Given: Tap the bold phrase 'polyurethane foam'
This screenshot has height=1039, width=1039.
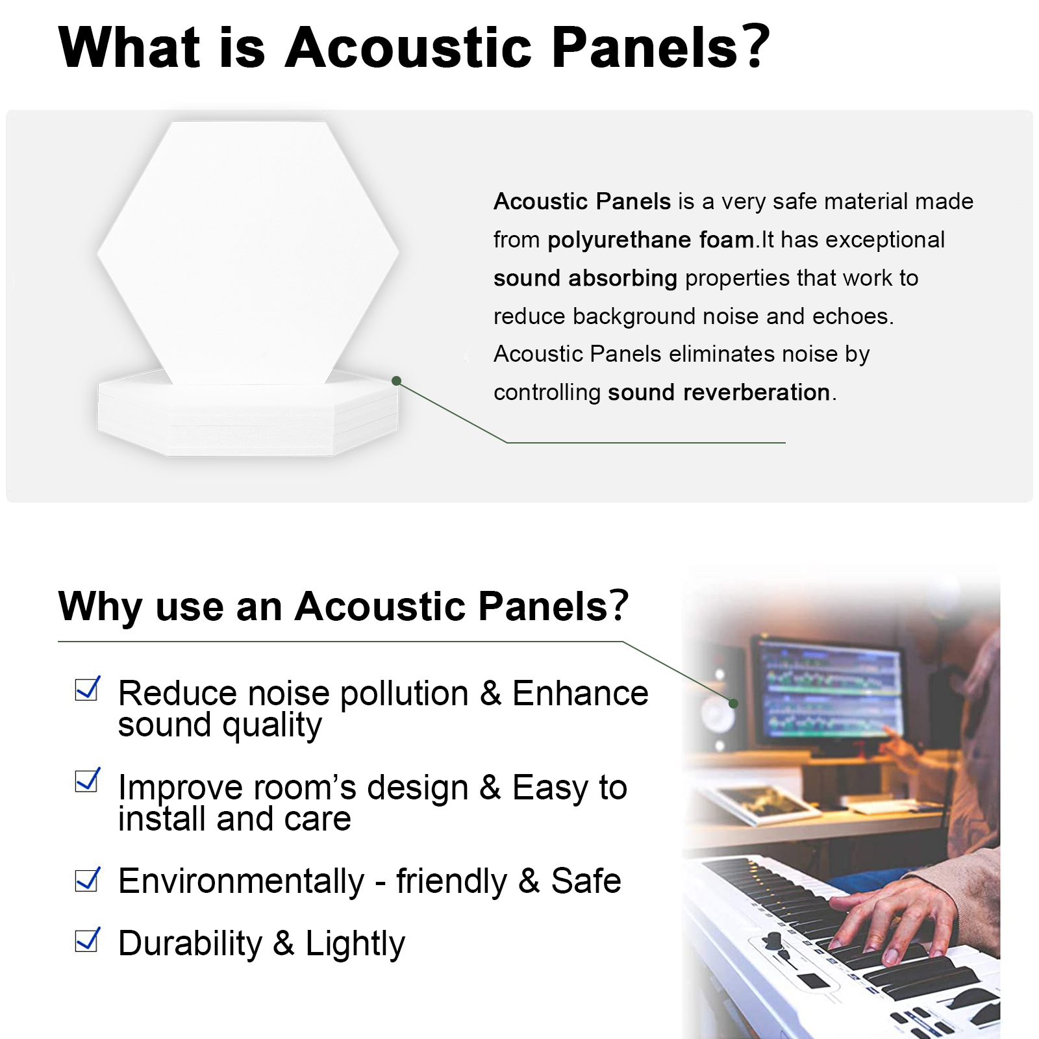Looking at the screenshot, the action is pos(651,240).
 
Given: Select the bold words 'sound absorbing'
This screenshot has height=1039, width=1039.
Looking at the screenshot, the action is pos(585,278).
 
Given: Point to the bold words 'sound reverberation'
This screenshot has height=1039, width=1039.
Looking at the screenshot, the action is pos(719,392).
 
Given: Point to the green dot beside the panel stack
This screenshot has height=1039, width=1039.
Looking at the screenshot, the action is pos(397,381).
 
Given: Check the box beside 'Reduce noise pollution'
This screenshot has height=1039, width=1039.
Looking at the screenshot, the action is pos(87,688).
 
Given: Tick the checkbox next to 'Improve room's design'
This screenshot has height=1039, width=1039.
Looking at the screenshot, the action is pos(87,780).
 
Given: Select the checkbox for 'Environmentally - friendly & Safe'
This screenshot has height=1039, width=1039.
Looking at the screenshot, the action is pos(87,879).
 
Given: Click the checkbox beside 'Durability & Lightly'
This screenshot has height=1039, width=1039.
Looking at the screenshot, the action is pos(87,940).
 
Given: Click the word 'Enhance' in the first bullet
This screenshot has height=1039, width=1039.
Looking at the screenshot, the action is pos(580,693).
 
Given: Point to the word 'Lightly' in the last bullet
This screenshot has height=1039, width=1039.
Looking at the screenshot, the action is pos(355,944).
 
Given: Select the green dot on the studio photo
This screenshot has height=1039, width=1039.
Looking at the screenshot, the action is pos(733,703).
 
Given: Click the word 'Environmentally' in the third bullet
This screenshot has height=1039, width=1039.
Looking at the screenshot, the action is pos(241,882).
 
